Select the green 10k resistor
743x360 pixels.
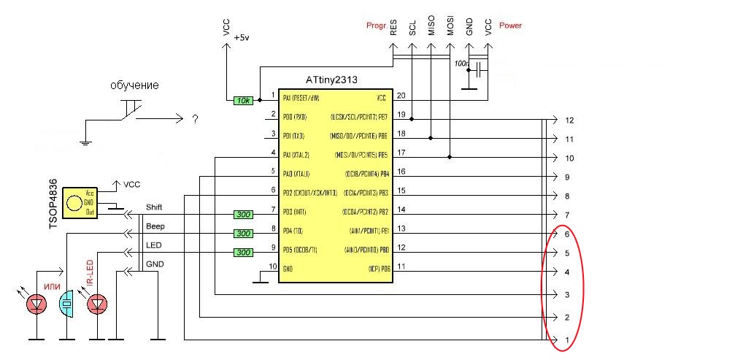pos(243,100)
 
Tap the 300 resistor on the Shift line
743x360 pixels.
pos(243,215)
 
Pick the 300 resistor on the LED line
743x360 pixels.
pos(243,253)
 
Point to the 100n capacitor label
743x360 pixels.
pos(461,64)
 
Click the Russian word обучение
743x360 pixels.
pos(134,85)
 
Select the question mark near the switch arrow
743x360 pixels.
pos(195,119)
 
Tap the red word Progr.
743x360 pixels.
pos(377,26)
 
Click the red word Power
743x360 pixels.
pos(510,26)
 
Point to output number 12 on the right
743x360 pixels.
pos(570,120)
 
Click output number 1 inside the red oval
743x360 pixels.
pos(567,340)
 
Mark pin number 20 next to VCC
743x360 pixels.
pos(401,96)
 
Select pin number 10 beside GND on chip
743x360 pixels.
pos(272,268)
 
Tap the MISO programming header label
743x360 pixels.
pos(431,27)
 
